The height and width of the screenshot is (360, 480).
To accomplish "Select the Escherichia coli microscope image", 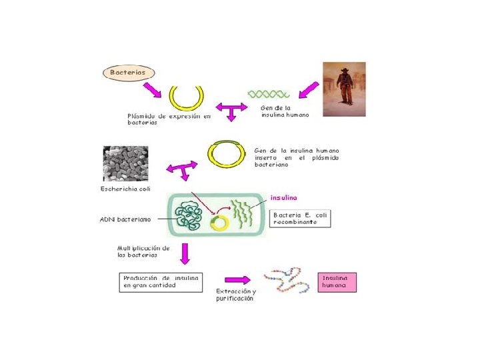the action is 125,164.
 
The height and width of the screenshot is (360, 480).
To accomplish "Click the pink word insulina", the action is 284,197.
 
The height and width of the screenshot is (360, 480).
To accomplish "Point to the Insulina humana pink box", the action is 339,281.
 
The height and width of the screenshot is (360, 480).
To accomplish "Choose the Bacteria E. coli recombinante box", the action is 301,219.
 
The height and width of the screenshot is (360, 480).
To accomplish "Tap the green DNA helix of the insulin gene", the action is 268,95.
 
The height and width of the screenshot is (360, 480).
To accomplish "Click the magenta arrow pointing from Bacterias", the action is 154,88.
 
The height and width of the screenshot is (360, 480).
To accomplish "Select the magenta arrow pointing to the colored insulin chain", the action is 237,280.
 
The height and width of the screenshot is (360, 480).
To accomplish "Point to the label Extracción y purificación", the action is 235,295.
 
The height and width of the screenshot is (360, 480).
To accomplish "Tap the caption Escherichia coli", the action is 125,189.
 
